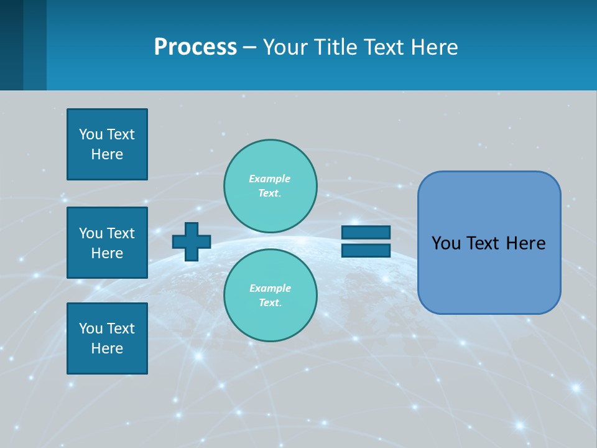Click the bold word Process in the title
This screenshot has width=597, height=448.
(195, 47)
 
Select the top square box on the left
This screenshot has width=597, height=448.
(107, 144)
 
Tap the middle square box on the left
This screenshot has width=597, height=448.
(107, 243)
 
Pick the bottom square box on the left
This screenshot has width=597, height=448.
(107, 338)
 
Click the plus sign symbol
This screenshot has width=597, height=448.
(192, 241)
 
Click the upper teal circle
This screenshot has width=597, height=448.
(271, 186)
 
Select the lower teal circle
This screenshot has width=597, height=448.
(271, 295)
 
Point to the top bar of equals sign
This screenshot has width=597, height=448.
(366, 232)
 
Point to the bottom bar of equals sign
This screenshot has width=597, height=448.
(366, 251)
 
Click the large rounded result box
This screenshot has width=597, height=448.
(489, 243)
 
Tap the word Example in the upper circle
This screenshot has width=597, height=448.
(269, 179)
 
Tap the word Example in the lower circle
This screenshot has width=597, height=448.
(269, 288)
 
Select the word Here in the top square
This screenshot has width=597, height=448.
(107, 154)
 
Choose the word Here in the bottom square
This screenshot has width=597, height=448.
(107, 348)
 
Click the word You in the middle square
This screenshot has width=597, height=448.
(90, 233)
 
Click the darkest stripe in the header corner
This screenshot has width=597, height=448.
(11, 45)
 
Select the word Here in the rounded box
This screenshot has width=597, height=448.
(525, 243)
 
